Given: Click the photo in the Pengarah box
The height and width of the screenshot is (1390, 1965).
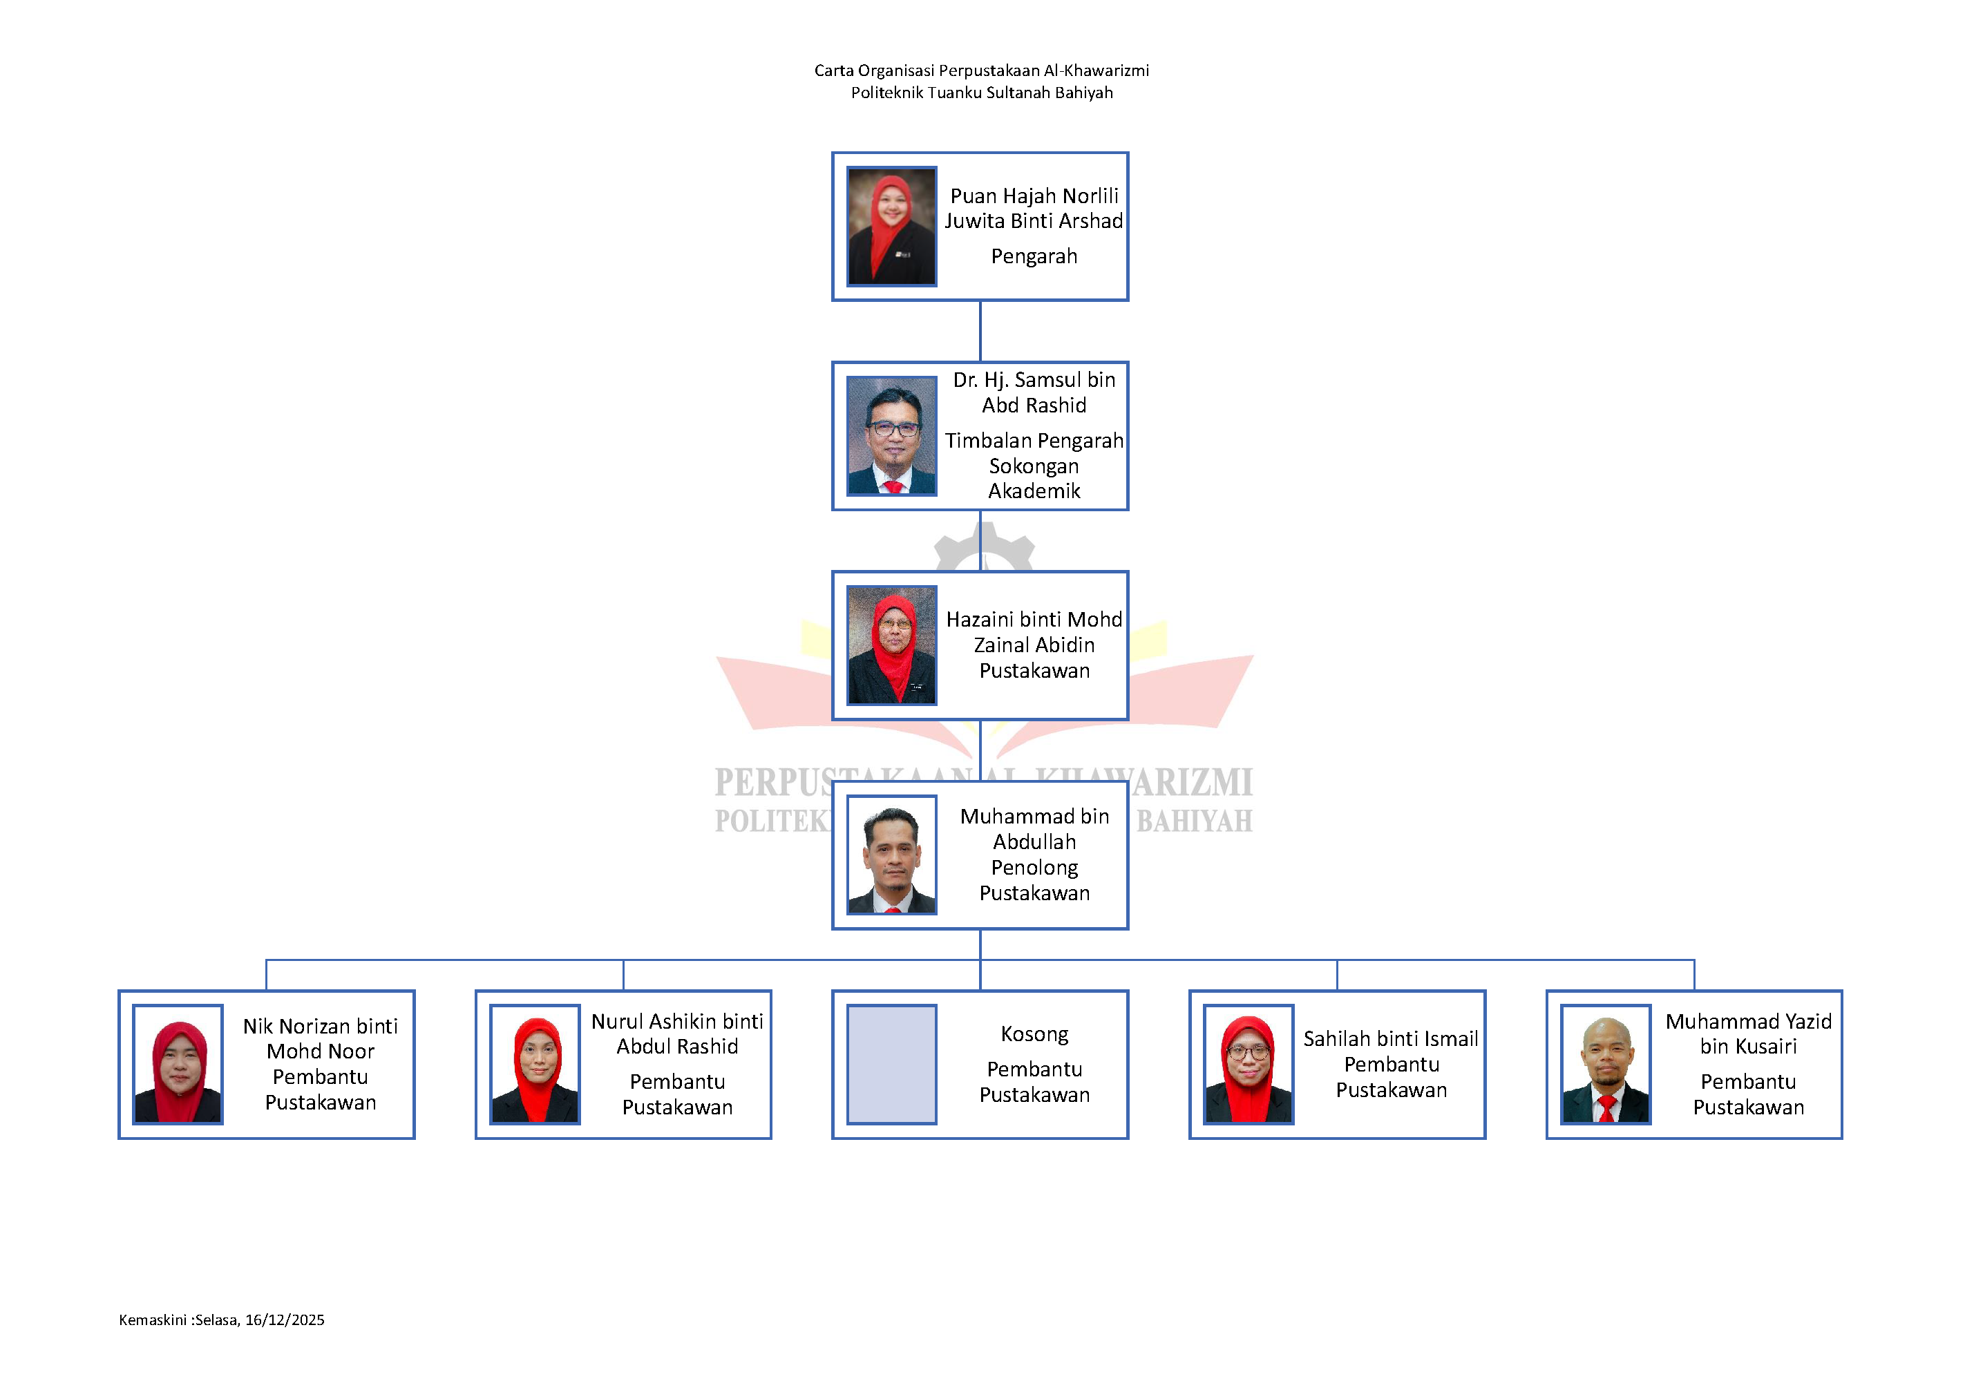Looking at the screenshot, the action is coord(892,226).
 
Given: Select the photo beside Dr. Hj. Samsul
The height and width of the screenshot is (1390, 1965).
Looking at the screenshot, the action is coord(892,436).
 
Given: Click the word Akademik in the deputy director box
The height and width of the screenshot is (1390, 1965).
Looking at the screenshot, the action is coord(1034,491).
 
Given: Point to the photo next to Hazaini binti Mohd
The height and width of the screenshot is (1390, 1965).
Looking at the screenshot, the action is coord(892,645).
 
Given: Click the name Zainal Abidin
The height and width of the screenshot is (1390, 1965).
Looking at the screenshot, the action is coord(1034,645).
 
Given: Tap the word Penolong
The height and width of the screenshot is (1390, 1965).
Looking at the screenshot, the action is coord(1034,868).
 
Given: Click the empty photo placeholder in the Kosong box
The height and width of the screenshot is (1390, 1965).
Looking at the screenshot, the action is coord(892,1064).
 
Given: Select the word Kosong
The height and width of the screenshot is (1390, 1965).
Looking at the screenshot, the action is coord(1034,1035).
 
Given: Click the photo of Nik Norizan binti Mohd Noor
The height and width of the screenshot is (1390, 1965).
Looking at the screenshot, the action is coord(178,1064).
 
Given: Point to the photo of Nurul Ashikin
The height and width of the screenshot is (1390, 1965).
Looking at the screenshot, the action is coord(535,1064).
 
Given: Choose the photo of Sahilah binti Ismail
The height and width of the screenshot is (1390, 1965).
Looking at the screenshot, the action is coord(1249,1064).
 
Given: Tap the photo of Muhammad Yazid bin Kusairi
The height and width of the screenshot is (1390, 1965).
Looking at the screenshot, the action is coord(1606,1064).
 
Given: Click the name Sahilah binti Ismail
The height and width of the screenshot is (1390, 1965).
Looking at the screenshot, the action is coord(1391,1039).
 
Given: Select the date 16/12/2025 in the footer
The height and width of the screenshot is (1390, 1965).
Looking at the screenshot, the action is coord(285,1320).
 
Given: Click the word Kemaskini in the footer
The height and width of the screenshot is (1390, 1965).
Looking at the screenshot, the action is coord(152,1320).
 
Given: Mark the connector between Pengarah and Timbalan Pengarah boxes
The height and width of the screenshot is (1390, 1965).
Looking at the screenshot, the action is coord(980,331).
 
